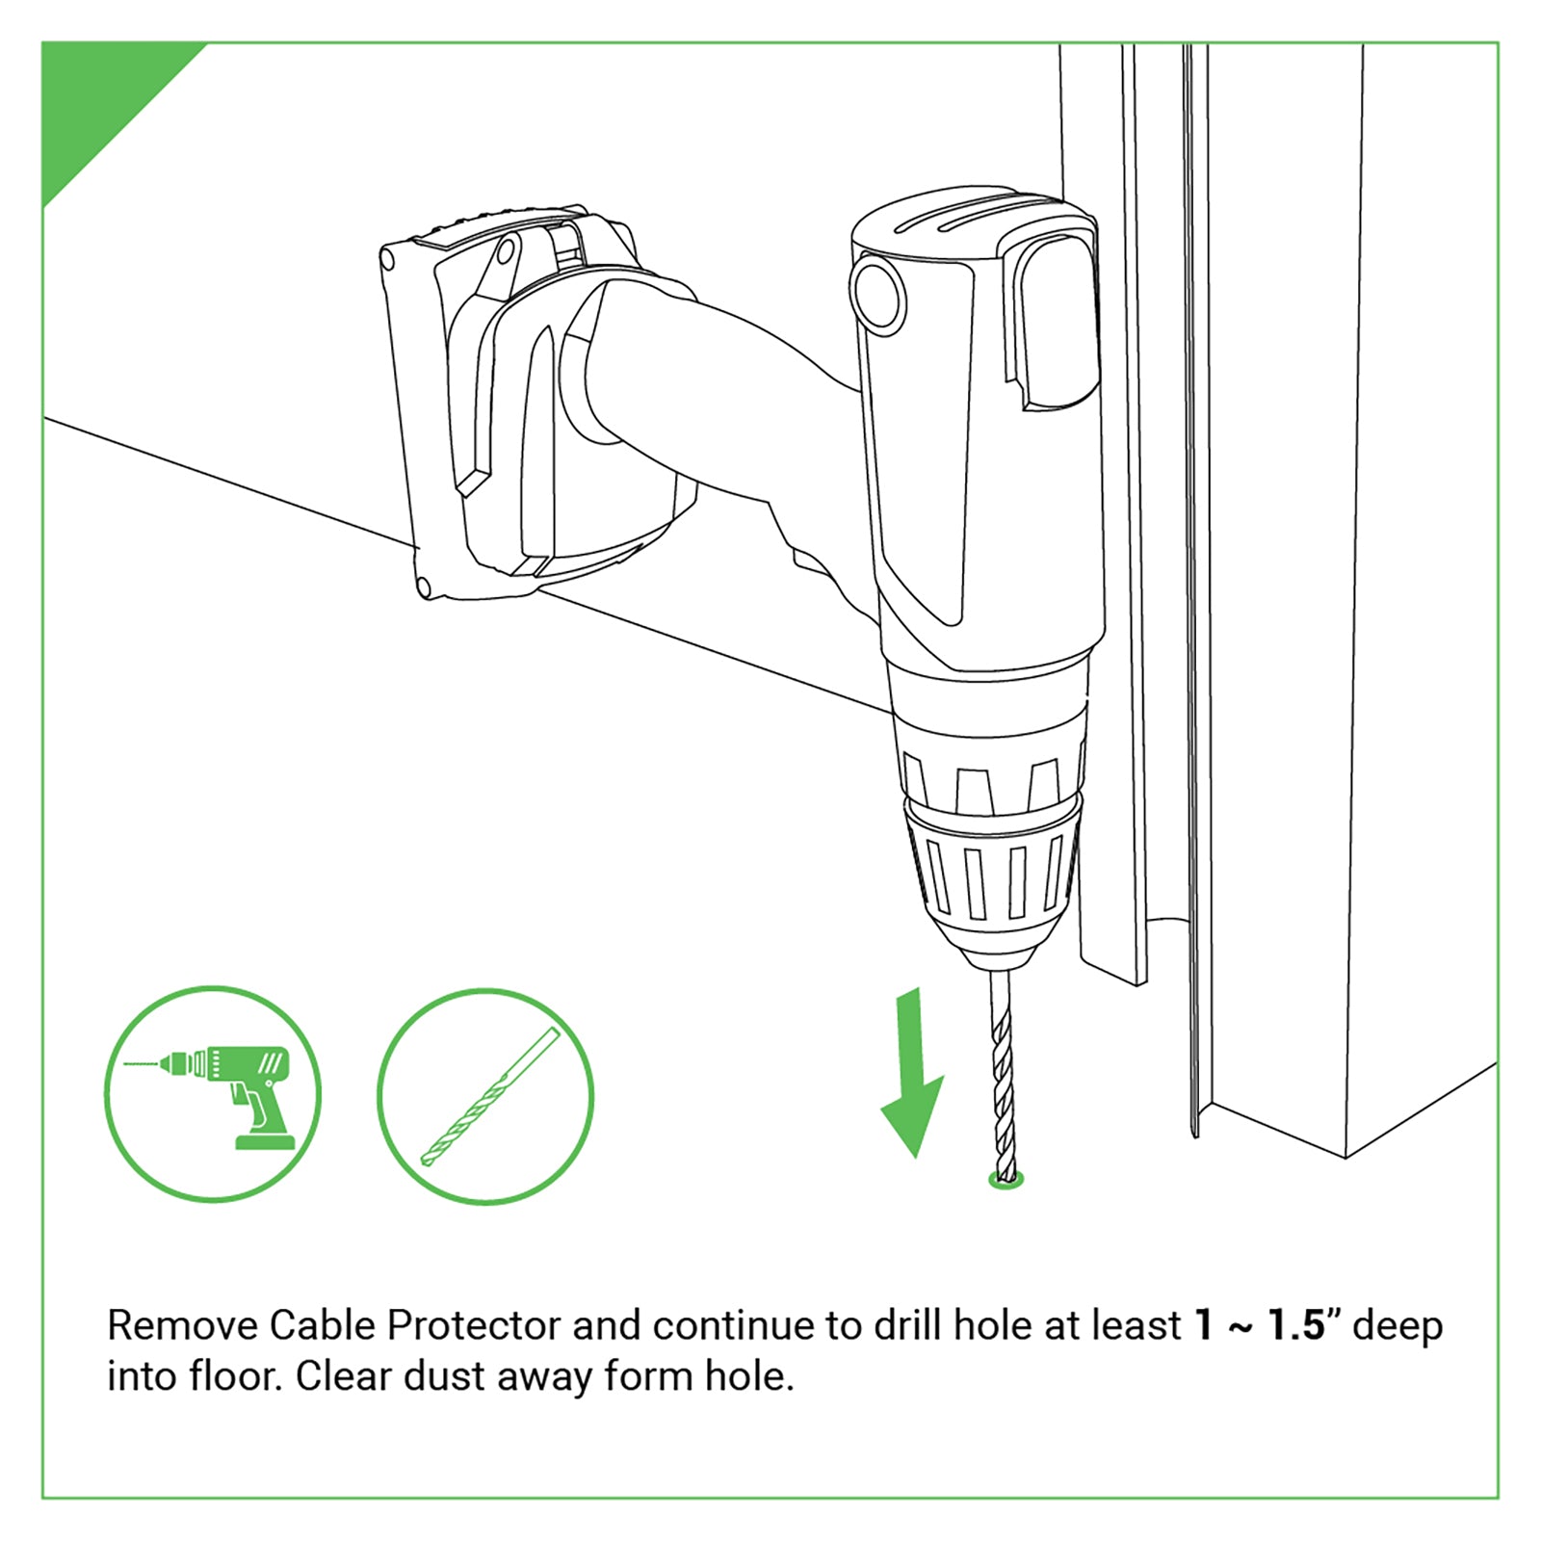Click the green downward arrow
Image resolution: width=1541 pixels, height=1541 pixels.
[x=910, y=1079]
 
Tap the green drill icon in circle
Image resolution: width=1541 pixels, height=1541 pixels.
[x=213, y=1095]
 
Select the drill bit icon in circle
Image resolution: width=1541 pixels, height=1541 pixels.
[x=485, y=1097]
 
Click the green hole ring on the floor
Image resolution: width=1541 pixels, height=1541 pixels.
[x=1007, y=1181]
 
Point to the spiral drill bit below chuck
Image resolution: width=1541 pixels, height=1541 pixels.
[x=1003, y=1069]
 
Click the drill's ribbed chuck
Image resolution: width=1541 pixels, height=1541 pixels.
[x=992, y=872]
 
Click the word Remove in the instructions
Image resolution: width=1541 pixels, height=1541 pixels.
[x=181, y=1326]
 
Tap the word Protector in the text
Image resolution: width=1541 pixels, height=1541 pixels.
[x=473, y=1326]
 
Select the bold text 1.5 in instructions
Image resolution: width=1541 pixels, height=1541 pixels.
[x=1296, y=1325]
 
